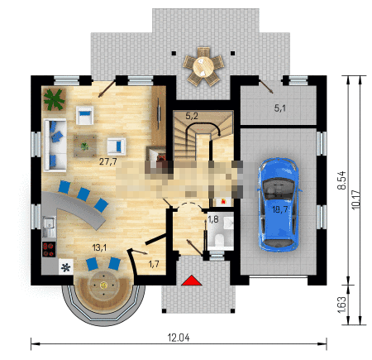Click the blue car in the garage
tap(279, 204)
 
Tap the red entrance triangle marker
tap(192, 280)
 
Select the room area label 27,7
tap(107, 161)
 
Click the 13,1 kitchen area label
tap(99, 247)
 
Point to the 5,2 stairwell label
tap(192, 116)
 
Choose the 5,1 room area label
tap(279, 108)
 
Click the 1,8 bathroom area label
tap(212, 219)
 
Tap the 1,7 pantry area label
tap(154, 264)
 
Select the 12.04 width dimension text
tap(179, 338)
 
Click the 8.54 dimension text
tap(341, 180)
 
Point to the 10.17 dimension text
tap(355, 199)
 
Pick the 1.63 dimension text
tap(341, 305)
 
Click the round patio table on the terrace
tap(203, 66)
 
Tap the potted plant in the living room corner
tap(55, 99)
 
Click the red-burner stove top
tap(49, 249)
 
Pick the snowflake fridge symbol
tap(66, 267)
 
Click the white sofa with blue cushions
tap(55, 145)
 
